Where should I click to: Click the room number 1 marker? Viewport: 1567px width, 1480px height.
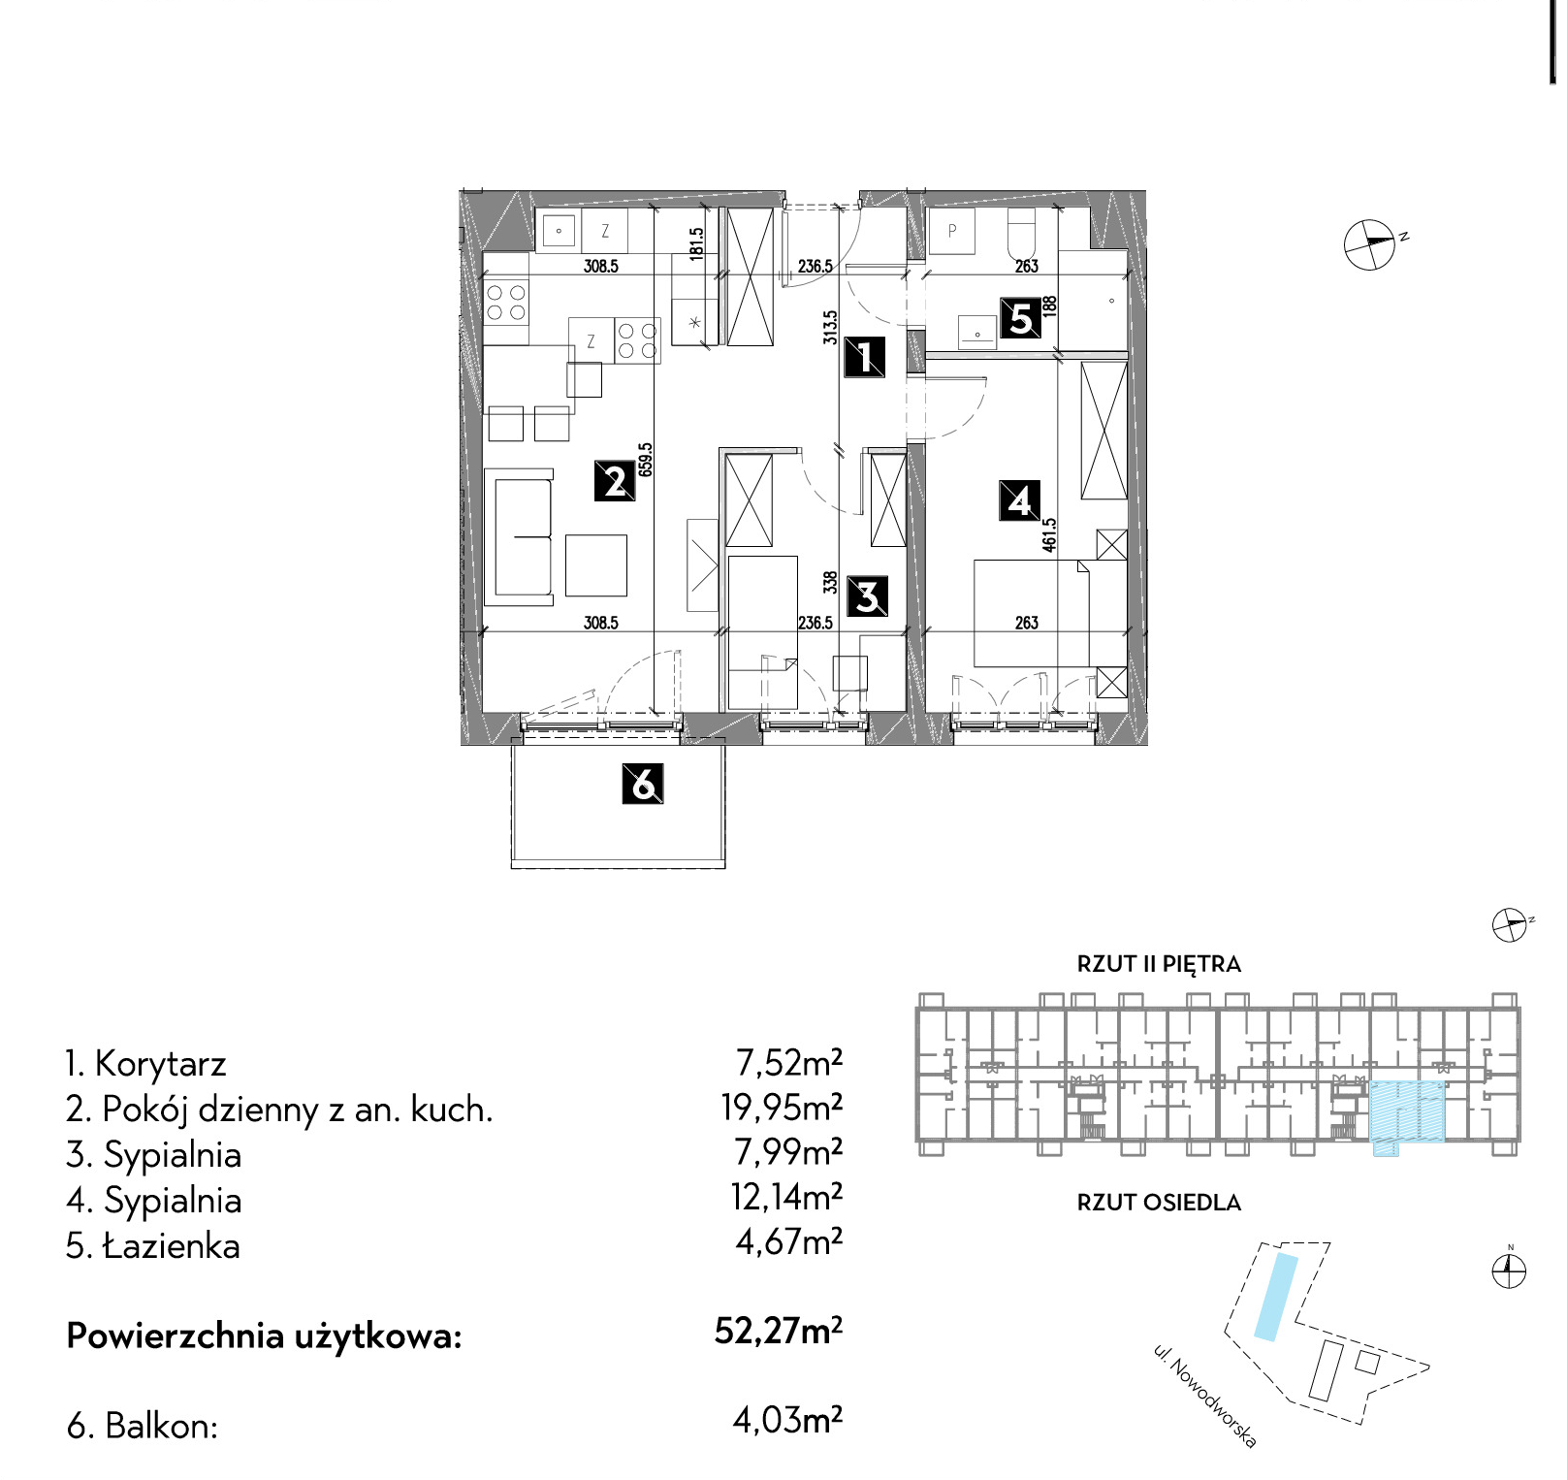point(864,357)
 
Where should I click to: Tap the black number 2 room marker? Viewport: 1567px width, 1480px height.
point(615,481)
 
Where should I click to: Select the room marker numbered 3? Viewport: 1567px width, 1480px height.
point(867,596)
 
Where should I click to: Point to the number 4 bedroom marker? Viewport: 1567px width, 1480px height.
point(1020,501)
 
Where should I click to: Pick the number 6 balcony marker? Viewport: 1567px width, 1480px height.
point(643,784)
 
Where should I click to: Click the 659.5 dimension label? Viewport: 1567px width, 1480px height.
point(646,460)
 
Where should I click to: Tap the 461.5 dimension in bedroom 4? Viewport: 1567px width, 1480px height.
point(1049,535)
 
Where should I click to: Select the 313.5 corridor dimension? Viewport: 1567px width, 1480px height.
point(830,328)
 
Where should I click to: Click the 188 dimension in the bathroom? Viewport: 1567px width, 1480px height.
point(1049,308)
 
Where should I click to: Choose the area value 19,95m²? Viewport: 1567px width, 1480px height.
point(782,1107)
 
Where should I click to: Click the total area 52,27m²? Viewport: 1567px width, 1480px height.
point(779,1331)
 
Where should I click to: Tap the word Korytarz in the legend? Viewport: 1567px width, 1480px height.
point(160,1064)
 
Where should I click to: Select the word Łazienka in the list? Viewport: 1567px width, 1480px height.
point(172,1245)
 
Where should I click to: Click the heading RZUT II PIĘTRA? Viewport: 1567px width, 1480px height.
point(1159,964)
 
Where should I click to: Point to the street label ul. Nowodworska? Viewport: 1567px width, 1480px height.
point(1205,1396)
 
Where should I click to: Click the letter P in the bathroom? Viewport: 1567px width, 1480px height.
point(952,231)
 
